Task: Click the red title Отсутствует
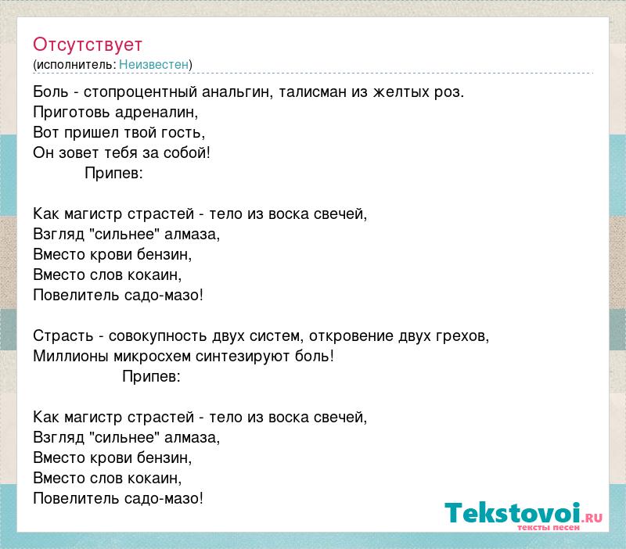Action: tap(88, 45)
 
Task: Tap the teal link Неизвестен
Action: tap(153, 64)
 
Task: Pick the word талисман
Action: tap(312, 91)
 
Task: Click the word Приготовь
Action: tap(71, 113)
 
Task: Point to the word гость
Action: tap(183, 133)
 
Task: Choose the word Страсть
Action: tap(63, 336)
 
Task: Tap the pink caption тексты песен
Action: tap(549, 527)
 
